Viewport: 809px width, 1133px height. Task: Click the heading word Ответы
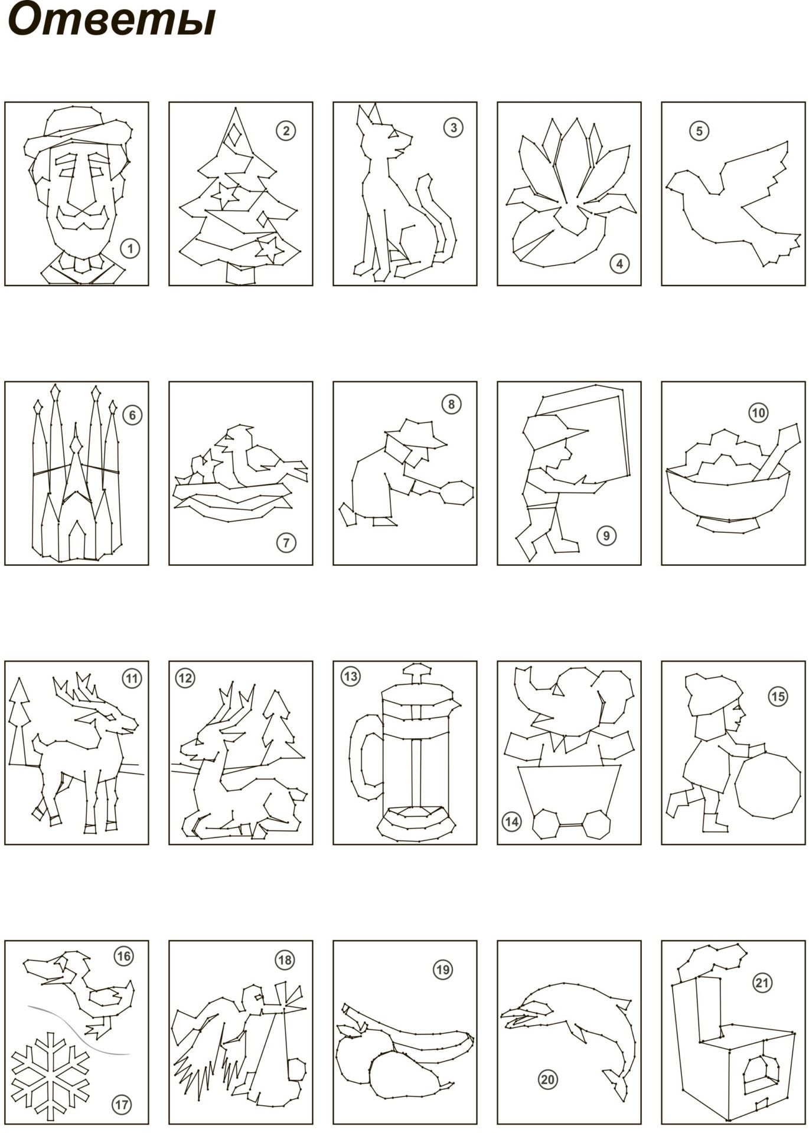[x=112, y=21]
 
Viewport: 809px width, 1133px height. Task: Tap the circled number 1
[x=130, y=248]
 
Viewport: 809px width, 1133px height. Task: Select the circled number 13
[x=350, y=676]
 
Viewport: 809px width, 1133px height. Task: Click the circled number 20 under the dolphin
[x=547, y=1079]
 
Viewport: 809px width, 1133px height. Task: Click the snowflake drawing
[x=51, y=1070]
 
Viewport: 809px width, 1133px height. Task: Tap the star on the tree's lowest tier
[x=270, y=249]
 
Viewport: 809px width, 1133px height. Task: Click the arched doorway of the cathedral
[x=77, y=541]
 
